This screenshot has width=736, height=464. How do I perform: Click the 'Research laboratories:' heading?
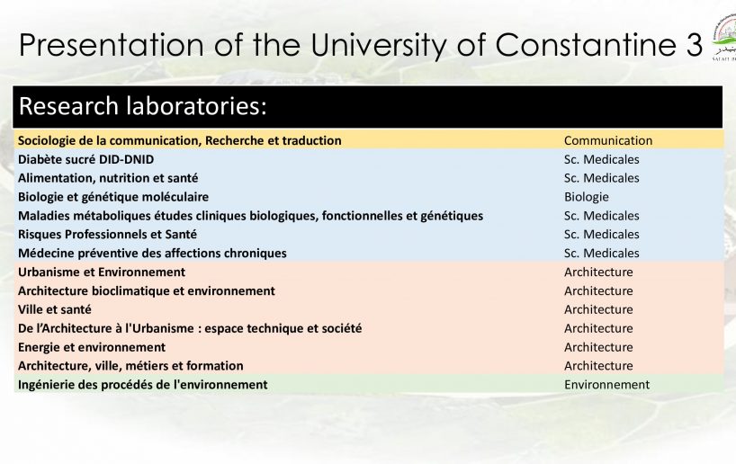pos(143,106)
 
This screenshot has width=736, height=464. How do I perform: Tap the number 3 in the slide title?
pos(691,45)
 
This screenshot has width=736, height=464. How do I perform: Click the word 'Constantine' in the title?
pos(583,45)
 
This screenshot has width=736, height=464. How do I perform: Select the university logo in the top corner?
pos(724,38)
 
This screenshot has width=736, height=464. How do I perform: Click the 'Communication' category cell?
pos(608,141)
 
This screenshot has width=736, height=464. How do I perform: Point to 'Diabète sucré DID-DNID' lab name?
pos(85,159)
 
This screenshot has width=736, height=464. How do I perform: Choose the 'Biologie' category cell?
pos(587,197)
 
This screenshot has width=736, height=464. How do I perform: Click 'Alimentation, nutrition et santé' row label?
pos(108,178)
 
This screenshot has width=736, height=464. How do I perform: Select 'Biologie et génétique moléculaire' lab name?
pos(113,197)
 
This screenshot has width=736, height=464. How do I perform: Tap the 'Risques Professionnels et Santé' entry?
pos(107,235)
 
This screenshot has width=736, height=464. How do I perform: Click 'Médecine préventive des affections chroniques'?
pos(152,254)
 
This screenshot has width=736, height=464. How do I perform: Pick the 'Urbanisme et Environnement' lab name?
pos(102,272)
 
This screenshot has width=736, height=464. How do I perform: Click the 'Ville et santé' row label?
pos(55,309)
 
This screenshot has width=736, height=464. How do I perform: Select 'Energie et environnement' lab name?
pos(92,347)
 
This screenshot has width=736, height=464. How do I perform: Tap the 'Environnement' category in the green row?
pos(606,385)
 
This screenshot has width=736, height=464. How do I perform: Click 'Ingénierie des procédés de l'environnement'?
pos(143,385)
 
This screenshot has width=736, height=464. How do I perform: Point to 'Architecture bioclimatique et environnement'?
pos(147,290)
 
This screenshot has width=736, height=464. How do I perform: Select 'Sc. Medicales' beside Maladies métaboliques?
pos(601,216)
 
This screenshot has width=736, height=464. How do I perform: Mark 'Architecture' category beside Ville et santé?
pos(598,309)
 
